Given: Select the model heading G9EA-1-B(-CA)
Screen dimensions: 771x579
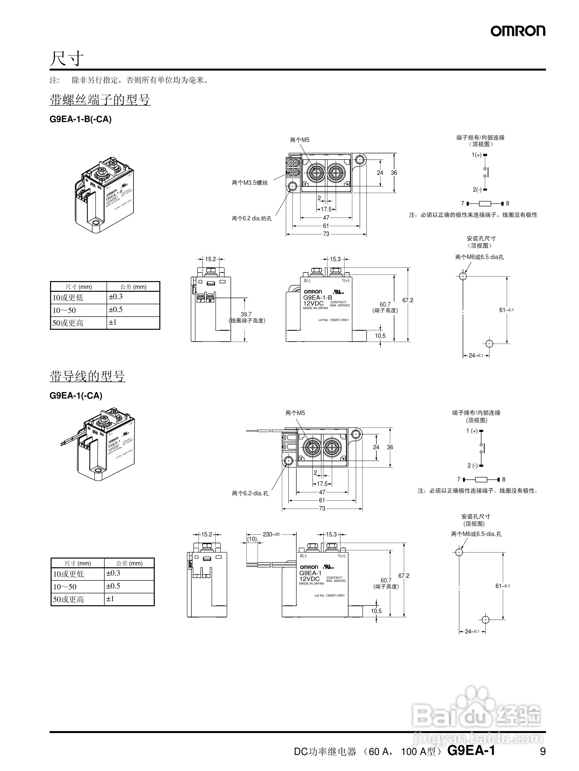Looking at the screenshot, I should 81,119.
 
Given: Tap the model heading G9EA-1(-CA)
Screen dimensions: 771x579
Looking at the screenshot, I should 76,396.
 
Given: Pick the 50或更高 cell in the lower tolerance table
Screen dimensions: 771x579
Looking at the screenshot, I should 69,599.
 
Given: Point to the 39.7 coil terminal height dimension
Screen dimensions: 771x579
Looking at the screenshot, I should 246,314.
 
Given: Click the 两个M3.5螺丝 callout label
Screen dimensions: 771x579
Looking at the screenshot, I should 250,183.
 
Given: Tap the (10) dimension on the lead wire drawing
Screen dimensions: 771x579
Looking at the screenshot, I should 252,539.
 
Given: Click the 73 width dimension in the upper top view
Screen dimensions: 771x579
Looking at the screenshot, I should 326,234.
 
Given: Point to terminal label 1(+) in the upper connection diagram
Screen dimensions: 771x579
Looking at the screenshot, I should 477,155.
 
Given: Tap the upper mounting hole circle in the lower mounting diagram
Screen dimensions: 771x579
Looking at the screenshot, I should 459,552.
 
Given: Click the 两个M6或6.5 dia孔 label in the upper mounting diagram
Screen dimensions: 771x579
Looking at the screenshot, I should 479,257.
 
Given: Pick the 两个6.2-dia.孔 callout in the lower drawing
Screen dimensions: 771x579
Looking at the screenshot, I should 250,494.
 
